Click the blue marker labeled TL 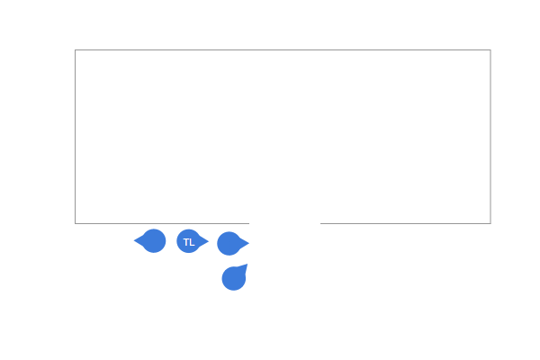[x=189, y=241]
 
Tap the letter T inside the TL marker [x=186, y=242]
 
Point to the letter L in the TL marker [x=192, y=242]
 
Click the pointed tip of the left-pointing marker [x=134, y=241]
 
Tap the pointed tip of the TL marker [x=209, y=241]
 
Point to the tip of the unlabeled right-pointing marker [x=249, y=244]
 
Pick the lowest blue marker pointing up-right [x=234, y=278]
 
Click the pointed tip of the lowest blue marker [x=247, y=265]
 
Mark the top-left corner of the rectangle [x=75, y=50]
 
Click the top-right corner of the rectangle [x=490, y=50]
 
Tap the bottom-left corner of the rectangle [x=75, y=223]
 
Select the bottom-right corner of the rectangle [x=490, y=223]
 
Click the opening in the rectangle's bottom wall [x=284, y=223]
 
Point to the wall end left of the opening [x=249, y=223]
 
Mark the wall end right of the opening [x=320, y=223]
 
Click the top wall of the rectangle [x=283, y=50]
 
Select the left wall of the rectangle [x=75, y=137]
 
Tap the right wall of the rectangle [x=490, y=137]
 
